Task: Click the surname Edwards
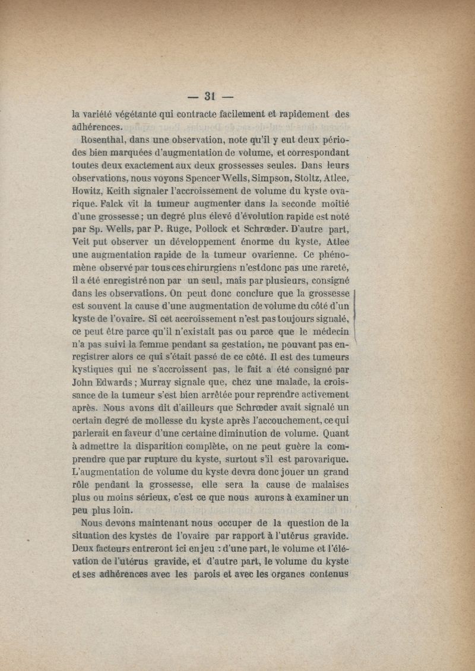pos(117,383)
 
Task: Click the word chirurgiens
pos(193,268)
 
